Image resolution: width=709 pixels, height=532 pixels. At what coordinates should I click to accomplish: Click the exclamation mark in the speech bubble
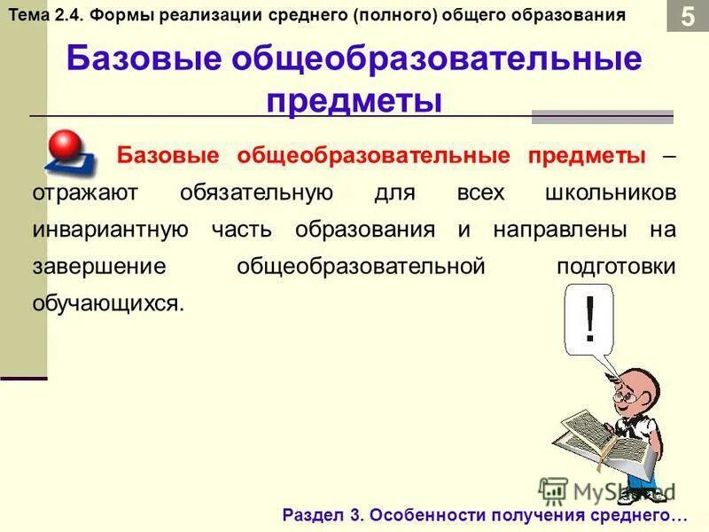588,320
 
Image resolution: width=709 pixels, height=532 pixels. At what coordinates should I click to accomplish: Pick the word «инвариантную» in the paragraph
110,230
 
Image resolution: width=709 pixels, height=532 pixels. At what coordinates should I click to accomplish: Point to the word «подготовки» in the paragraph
616,266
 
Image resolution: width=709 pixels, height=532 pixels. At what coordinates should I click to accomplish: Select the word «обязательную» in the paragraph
256,192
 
